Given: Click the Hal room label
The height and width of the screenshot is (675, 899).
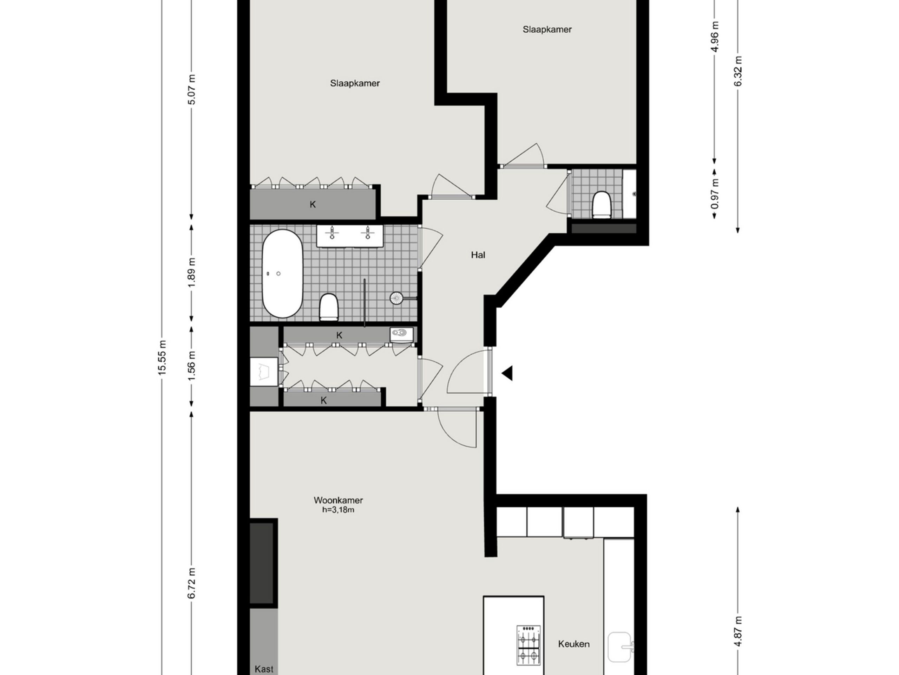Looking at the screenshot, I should (478, 255).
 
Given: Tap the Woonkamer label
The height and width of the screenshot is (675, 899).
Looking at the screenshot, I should (338, 500).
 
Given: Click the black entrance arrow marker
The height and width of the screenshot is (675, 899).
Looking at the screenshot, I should (507, 373).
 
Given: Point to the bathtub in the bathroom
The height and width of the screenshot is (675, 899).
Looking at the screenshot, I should (282, 274).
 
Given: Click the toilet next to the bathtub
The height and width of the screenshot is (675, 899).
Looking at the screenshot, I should (329, 307).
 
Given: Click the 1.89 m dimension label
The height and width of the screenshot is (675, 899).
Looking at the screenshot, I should (192, 272).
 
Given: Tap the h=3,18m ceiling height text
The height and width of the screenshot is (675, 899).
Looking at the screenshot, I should (338, 510).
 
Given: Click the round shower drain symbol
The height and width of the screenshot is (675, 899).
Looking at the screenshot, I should (396, 298).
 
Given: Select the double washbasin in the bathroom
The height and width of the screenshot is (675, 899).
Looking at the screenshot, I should (350, 236).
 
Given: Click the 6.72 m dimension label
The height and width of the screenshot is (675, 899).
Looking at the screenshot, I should (192, 583).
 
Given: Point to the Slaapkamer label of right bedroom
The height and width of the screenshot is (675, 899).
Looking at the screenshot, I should (547, 29).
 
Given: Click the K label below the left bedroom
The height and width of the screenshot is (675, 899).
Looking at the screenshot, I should (313, 204).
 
